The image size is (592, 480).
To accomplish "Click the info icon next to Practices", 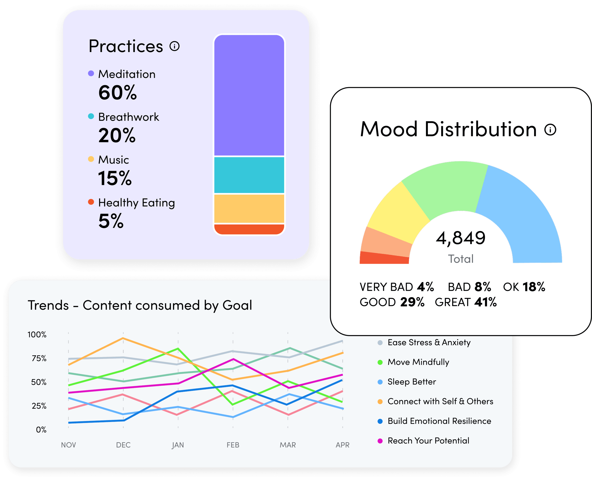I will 175,46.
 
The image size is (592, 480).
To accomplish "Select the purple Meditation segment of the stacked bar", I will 249,95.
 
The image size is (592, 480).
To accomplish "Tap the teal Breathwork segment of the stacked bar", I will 249,175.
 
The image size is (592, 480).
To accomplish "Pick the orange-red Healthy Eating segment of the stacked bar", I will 249,229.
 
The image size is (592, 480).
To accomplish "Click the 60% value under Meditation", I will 117,93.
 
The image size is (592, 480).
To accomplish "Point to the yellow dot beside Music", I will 91,159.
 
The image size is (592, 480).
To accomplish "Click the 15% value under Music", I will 115,178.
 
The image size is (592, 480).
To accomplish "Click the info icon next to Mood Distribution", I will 550,129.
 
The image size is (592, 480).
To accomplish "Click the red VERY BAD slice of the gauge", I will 384,258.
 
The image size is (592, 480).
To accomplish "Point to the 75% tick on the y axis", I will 39,358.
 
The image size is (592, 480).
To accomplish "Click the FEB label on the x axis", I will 233,445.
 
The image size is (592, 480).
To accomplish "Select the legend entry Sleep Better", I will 411,382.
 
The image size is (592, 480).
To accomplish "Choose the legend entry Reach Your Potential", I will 428,441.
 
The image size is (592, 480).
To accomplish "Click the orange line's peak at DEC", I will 123,338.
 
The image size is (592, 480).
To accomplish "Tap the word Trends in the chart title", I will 48,305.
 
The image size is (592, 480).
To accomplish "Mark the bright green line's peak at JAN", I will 178,349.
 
